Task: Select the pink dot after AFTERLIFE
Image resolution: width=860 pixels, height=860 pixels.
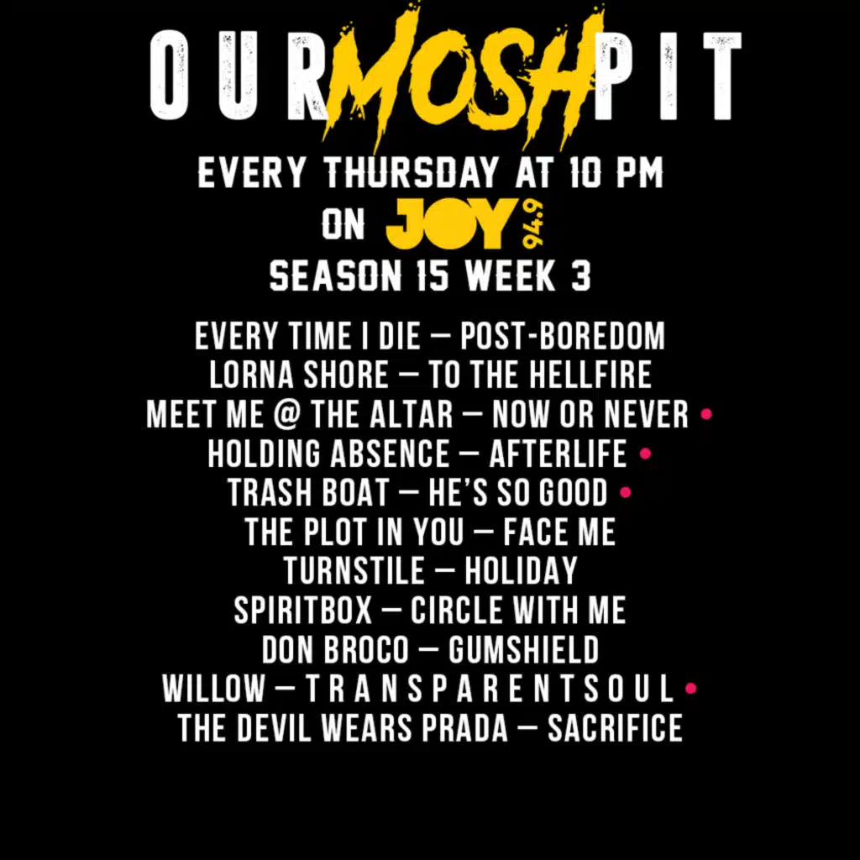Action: [645, 454]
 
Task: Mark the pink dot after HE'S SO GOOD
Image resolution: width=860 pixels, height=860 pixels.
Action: [625, 492]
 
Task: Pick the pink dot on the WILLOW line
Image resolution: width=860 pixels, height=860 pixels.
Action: [691, 689]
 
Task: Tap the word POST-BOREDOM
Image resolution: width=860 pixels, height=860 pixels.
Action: [563, 336]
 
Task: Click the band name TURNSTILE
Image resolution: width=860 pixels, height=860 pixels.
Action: [354, 571]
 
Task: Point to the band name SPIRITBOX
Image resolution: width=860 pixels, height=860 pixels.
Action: [302, 611]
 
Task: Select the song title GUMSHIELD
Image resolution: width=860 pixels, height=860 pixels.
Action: [524, 649]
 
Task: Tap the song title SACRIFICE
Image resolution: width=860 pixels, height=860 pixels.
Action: [615, 728]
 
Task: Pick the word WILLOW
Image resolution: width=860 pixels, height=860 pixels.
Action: [212, 689]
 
